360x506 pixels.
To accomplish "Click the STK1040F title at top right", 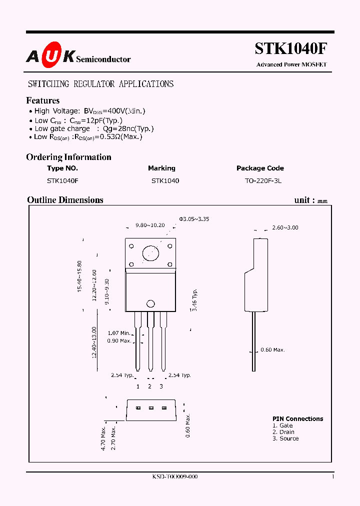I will (x=291, y=49).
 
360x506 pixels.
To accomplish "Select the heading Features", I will (x=43, y=100).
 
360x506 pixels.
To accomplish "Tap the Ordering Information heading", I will (x=68, y=157).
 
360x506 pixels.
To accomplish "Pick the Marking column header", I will (x=161, y=168).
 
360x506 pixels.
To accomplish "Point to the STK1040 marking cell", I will (x=165, y=181).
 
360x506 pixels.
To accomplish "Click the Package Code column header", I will (x=260, y=168).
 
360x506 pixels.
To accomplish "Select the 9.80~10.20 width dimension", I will (x=150, y=225).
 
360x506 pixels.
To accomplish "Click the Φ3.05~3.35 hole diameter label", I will (x=194, y=218).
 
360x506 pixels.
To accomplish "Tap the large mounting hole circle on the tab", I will (x=150, y=253).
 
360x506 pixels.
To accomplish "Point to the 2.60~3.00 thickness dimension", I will (x=285, y=227).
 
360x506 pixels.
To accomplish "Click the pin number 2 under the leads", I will (x=149, y=386).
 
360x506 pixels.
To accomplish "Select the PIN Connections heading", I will (x=297, y=419).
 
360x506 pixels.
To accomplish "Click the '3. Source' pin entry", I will (x=285, y=438).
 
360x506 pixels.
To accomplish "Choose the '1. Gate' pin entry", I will (x=283, y=425).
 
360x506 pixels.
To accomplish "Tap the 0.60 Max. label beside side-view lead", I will (x=272, y=350).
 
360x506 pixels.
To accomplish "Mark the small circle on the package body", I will (x=150, y=303).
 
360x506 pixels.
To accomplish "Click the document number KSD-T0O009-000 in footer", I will (x=175, y=477).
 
